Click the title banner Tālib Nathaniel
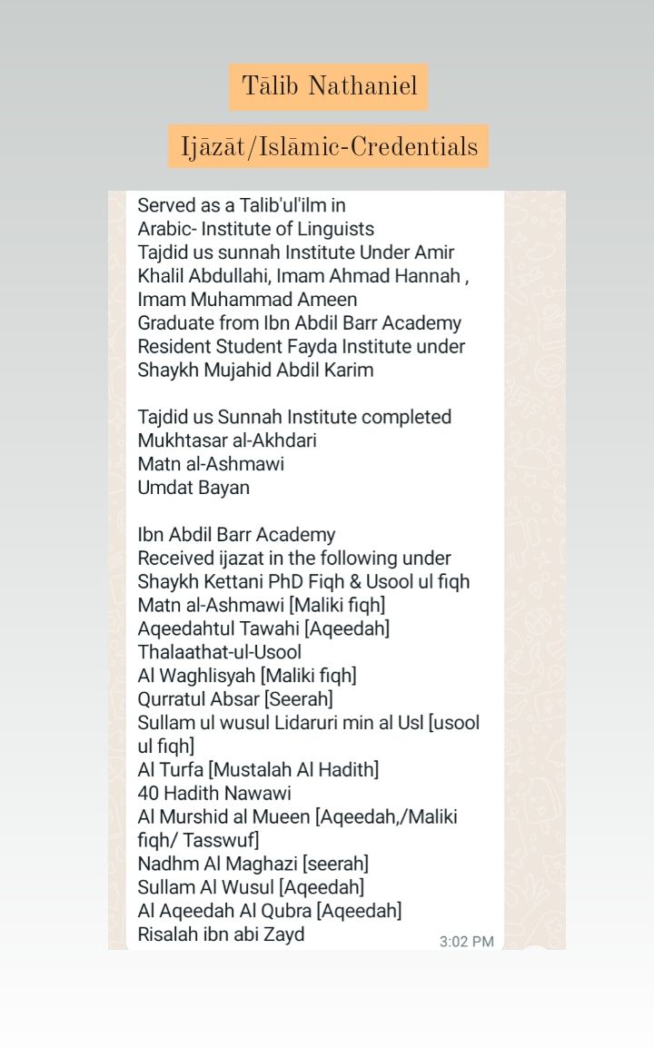329,87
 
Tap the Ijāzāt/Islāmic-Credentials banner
329,146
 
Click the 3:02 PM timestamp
466,942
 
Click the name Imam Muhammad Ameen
247,300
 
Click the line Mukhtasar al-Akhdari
227,440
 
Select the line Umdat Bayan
193,488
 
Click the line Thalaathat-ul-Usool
219,652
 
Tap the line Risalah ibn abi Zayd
221,934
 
